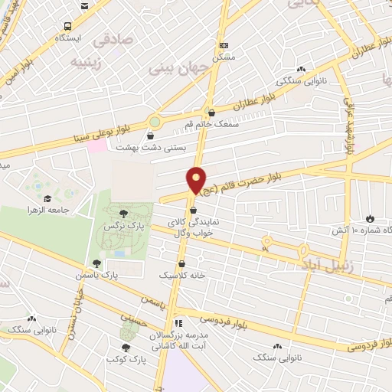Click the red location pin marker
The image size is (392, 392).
tap(197, 180)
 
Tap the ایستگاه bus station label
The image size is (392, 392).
tap(70, 36)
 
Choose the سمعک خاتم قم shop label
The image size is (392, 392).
tap(212, 124)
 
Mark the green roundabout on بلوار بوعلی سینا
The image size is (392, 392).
tap(156, 122)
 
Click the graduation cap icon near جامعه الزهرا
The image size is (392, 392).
tap(48, 198)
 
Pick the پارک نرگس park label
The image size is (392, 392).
tap(124, 227)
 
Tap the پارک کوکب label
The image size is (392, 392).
tap(125, 358)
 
